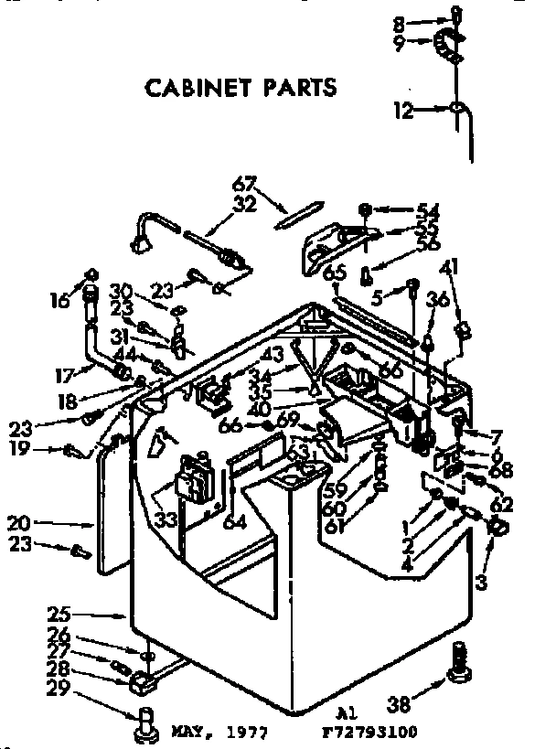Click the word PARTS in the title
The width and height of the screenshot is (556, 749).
point(301,89)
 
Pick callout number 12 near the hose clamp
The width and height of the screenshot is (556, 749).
point(404,112)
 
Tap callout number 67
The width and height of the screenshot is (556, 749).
point(244,182)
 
